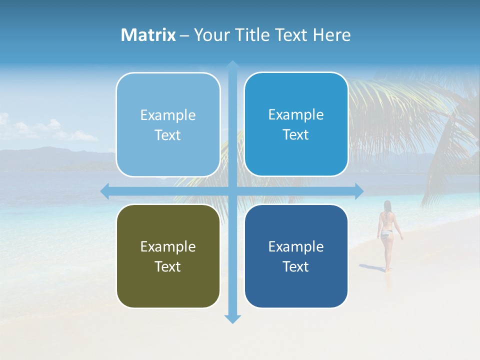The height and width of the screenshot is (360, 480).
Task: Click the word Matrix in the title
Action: (x=148, y=35)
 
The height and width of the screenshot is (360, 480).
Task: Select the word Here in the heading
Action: (x=331, y=35)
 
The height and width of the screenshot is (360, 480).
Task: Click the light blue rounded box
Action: (x=168, y=124)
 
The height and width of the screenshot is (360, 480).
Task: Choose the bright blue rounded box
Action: (x=296, y=124)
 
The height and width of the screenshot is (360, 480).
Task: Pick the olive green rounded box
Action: (x=168, y=256)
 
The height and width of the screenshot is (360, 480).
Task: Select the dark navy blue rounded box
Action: (x=296, y=256)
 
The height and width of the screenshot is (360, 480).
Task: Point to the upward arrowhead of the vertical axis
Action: (x=232, y=65)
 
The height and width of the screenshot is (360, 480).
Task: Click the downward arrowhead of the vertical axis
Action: (x=232, y=319)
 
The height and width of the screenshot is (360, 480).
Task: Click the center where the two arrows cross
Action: (x=232, y=191)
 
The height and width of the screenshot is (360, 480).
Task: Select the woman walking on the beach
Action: (x=386, y=232)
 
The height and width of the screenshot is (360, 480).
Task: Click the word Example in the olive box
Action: (x=168, y=246)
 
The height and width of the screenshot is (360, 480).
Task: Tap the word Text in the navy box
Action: (x=296, y=266)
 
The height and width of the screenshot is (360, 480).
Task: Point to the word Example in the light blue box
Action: (x=168, y=115)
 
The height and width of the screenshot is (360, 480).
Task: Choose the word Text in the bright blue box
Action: (x=296, y=134)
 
